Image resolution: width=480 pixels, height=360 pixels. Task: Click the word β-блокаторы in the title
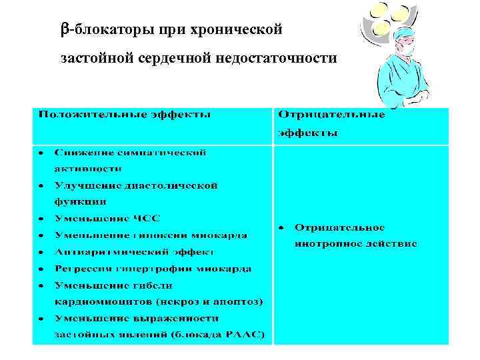click(96, 29)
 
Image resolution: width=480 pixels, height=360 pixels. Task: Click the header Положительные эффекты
click(125, 115)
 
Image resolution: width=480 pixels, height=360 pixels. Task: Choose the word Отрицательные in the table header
click(331, 115)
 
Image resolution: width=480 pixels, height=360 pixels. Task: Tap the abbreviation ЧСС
click(145, 218)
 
